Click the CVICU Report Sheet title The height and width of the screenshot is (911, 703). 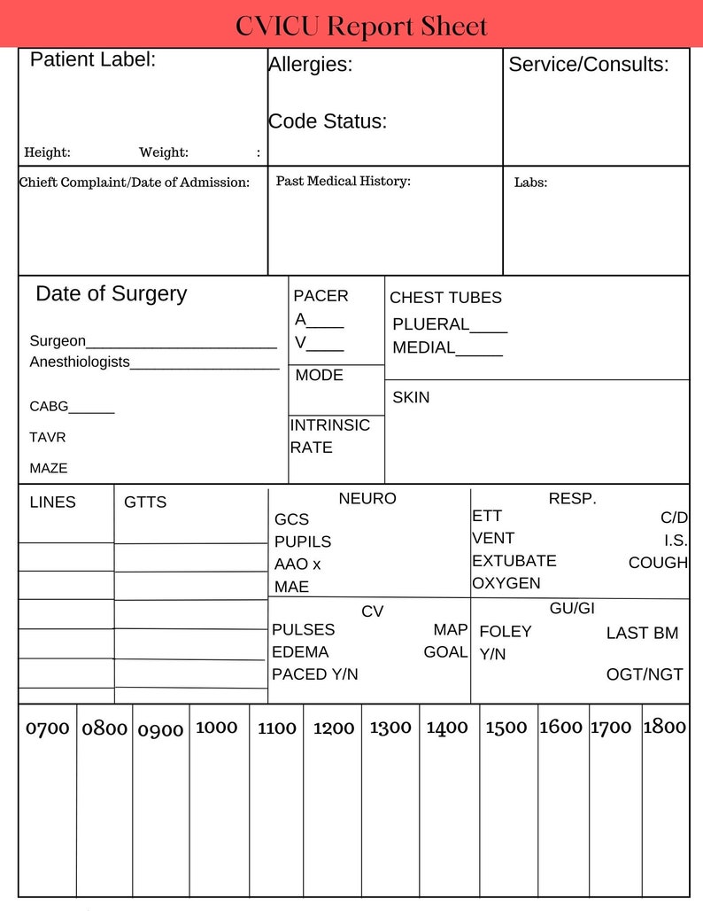pyautogui.click(x=361, y=26)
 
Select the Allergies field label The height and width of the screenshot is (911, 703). pyautogui.click(x=310, y=65)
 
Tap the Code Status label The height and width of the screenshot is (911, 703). pyautogui.click(x=328, y=121)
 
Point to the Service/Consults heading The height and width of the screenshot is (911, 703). pyautogui.click(x=588, y=65)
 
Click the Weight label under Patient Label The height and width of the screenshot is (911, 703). pyautogui.click(x=164, y=152)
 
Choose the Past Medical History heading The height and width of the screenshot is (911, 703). pyautogui.click(x=344, y=181)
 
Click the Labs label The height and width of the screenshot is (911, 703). pyautogui.click(x=530, y=183)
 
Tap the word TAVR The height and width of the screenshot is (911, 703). pyautogui.click(x=48, y=437)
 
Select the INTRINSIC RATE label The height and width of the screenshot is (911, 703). pyautogui.click(x=329, y=436)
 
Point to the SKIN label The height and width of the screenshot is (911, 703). pyautogui.click(x=411, y=397)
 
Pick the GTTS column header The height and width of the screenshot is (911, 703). pyautogui.click(x=145, y=502)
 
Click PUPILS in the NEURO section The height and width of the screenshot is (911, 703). pyautogui.click(x=303, y=541)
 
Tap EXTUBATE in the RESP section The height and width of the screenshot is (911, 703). pyautogui.click(x=514, y=561)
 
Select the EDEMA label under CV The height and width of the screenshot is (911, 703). pyautogui.click(x=300, y=652)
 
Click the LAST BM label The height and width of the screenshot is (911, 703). pyautogui.click(x=642, y=634)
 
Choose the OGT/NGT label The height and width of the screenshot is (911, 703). pyautogui.click(x=645, y=674)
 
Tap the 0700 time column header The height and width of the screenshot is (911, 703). pyautogui.click(x=48, y=728)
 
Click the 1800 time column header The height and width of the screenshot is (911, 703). pyautogui.click(x=664, y=727)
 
